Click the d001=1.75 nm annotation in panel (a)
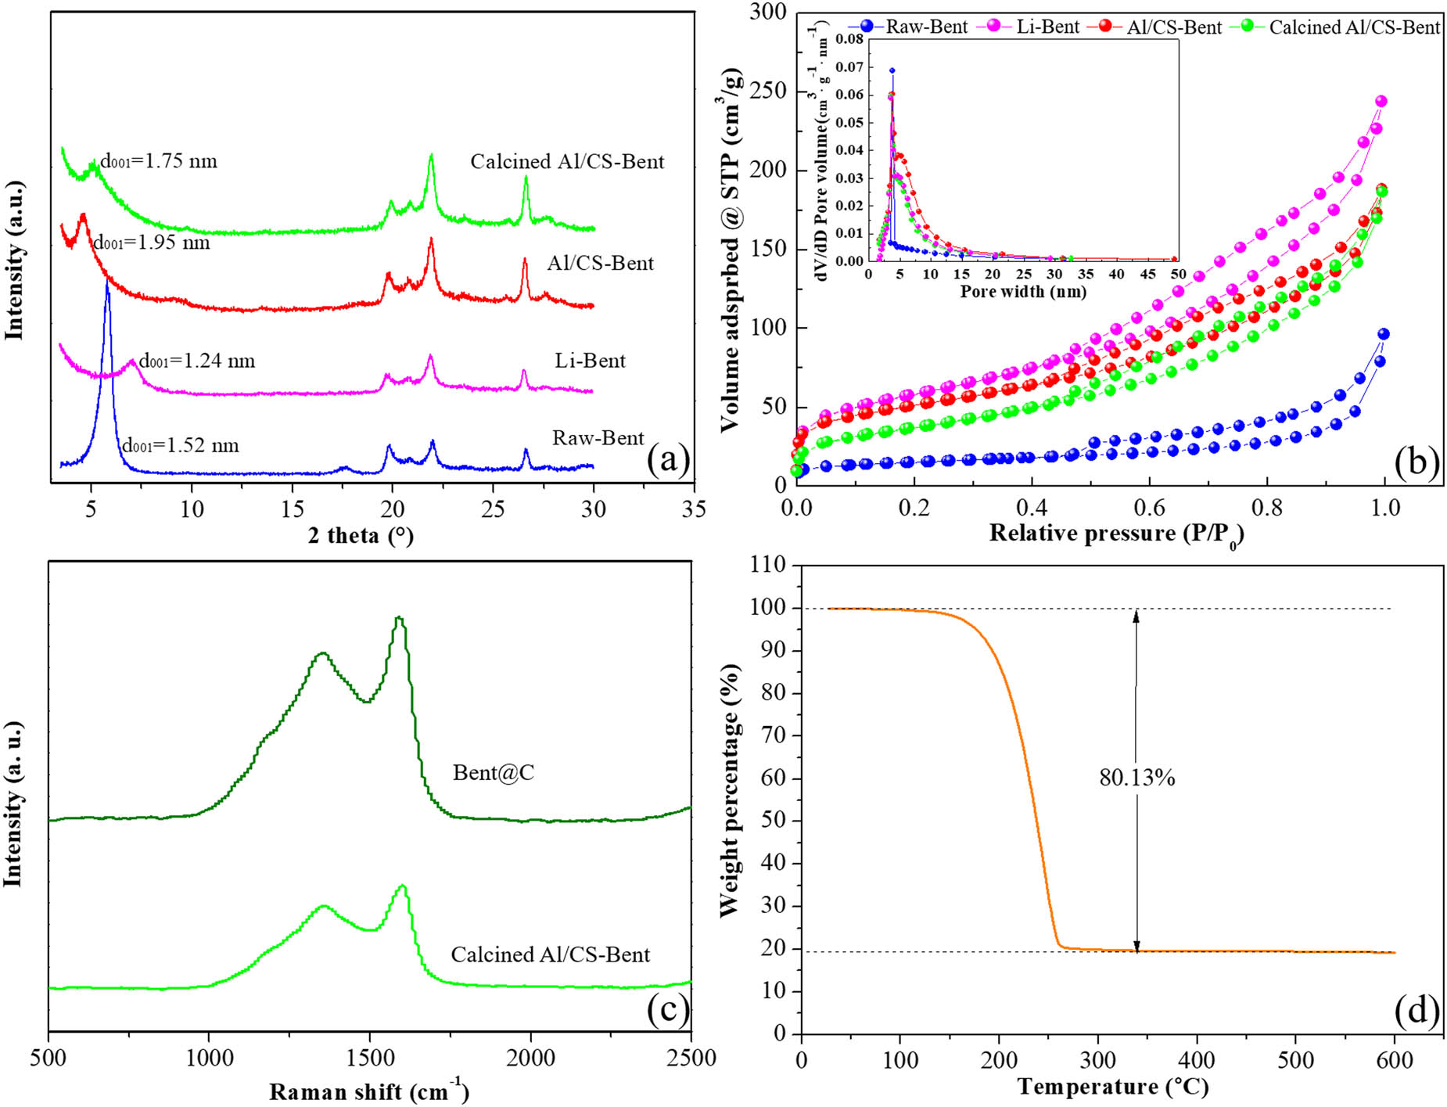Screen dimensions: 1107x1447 (159, 161)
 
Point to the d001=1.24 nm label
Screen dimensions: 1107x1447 (197, 361)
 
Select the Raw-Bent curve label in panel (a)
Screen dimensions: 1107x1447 (598, 438)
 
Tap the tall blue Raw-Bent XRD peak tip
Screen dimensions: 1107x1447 (107, 283)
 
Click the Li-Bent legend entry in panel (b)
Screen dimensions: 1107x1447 (1047, 27)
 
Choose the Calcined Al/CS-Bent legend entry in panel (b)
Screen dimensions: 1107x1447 (1353, 27)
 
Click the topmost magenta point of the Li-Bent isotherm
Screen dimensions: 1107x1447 (1381, 101)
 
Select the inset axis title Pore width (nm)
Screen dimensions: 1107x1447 (1023, 292)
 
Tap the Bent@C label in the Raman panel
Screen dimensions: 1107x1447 (494, 773)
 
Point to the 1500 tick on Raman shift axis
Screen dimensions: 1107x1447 (370, 1058)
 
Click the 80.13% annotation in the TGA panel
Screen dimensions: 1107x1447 (1137, 778)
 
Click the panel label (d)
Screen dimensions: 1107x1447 (1416, 1012)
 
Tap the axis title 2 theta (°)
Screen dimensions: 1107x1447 (361, 536)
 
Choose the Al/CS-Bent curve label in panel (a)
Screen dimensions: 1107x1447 (600, 263)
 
